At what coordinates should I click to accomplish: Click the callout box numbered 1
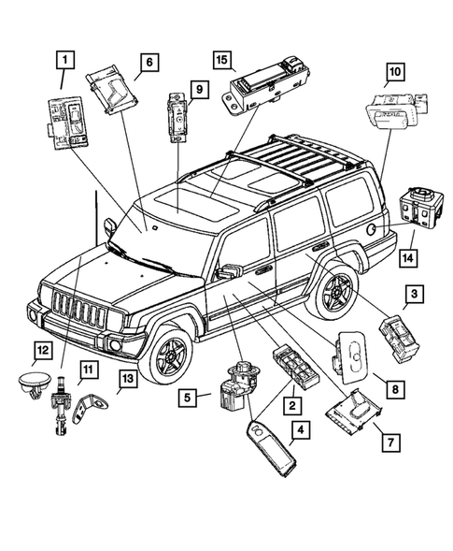click(x=64, y=62)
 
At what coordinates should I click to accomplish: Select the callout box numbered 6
click(x=148, y=64)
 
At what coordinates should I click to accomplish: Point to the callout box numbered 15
click(x=220, y=60)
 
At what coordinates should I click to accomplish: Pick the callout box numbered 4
click(x=299, y=431)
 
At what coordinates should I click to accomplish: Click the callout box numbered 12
click(x=40, y=352)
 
